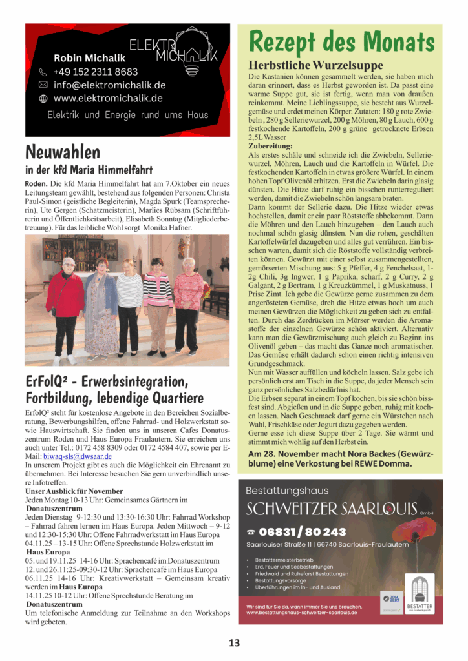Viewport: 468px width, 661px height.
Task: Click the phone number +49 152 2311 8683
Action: coord(96,72)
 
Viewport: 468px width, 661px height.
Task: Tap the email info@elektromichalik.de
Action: coord(109,85)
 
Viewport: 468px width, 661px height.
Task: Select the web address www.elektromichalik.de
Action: coord(108,98)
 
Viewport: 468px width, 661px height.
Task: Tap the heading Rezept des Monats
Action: coord(341,42)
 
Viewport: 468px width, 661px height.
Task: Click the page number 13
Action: coord(234,642)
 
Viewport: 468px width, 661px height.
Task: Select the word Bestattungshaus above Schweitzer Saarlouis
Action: coord(287,491)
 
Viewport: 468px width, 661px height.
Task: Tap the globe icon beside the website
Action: coord(43,99)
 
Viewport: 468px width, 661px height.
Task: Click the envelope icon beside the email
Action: coord(43,85)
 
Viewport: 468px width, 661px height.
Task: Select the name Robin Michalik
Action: coord(89,58)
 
